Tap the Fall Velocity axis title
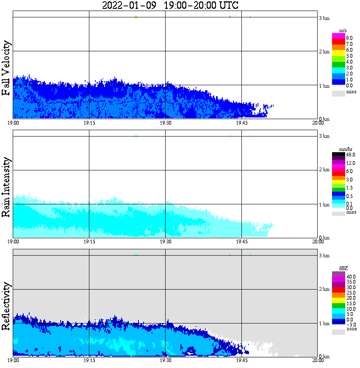coord(6,68)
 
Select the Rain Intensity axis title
coord(6,187)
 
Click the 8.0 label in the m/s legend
coord(349,38)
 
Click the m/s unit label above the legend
coord(343,31)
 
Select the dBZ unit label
coord(343,268)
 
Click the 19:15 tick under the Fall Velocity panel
coord(89,123)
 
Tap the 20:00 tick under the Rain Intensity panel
coord(318,242)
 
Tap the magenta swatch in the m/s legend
coord(338,36)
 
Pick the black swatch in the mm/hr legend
coord(338,155)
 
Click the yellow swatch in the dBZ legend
coord(338,300)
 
